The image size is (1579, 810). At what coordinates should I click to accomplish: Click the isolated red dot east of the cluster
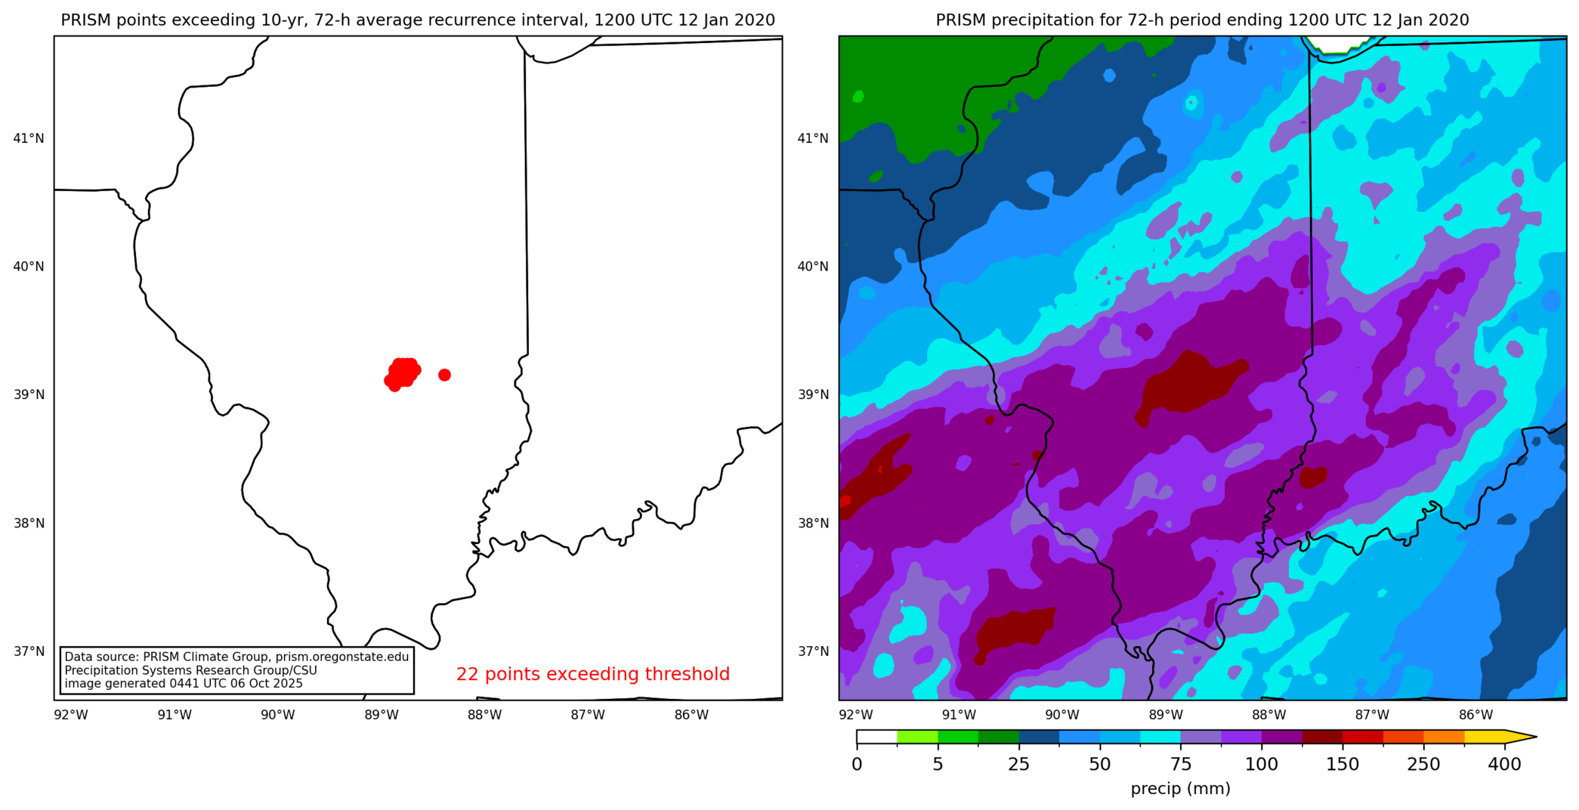click(444, 375)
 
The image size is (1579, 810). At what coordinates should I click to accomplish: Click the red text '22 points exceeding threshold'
click(592, 674)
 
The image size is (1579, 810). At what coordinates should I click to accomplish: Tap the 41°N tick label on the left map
click(29, 138)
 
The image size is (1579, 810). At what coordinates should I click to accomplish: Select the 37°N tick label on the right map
click(813, 651)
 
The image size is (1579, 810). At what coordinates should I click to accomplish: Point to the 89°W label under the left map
click(381, 715)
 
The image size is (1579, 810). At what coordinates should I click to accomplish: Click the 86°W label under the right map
click(1475, 715)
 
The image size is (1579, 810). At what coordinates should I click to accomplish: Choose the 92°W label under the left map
click(71, 715)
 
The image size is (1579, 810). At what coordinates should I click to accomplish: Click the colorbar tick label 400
click(1504, 764)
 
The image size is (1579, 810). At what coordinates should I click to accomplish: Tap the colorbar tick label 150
click(1343, 764)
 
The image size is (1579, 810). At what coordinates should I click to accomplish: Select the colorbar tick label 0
click(857, 764)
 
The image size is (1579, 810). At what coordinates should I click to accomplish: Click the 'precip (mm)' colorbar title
click(1180, 789)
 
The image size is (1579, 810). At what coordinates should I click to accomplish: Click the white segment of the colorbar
click(876, 737)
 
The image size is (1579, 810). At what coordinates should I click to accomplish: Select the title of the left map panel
click(418, 20)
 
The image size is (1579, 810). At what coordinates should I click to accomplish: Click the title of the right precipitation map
click(1202, 20)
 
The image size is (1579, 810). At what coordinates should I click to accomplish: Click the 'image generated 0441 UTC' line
click(184, 684)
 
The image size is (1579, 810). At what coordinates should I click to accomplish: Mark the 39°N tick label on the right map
click(813, 394)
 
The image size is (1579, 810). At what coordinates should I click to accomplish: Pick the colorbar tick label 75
click(1180, 764)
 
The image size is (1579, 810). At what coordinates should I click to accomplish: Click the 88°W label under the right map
click(1268, 715)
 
